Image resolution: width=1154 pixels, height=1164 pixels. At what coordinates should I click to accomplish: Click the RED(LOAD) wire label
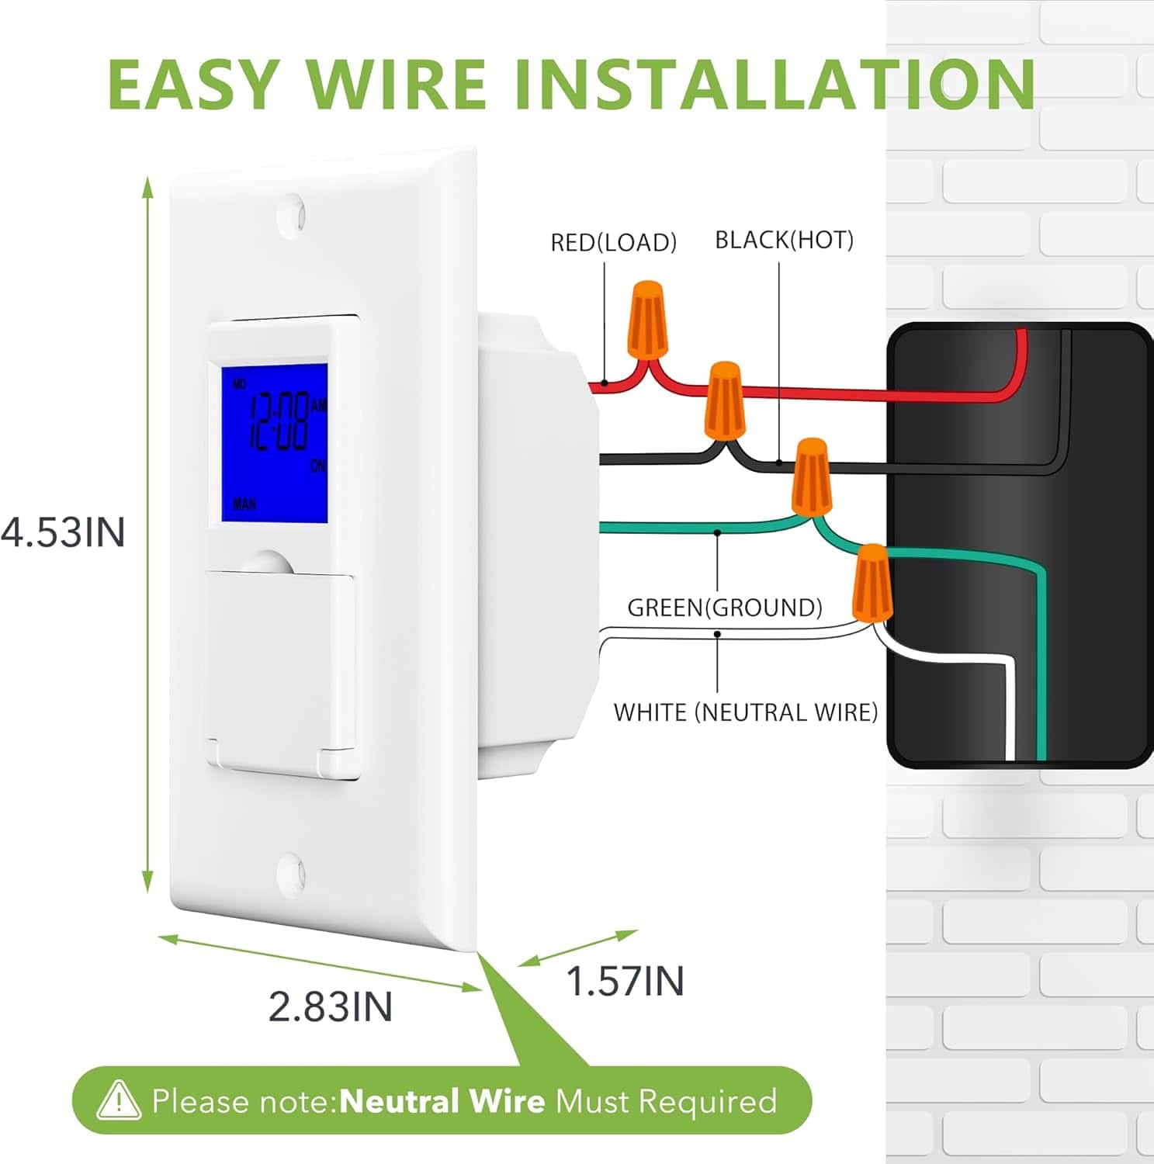pos(613,243)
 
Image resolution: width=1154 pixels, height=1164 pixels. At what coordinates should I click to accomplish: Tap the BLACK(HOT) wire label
pos(784,241)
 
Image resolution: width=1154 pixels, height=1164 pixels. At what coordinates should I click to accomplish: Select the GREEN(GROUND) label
pos(725,608)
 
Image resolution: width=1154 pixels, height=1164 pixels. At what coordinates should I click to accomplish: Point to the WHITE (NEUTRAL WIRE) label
pos(746,712)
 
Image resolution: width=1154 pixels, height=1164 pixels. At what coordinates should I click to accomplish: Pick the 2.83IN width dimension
pos(331,1007)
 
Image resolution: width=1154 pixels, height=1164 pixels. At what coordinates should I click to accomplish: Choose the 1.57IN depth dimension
pos(626,982)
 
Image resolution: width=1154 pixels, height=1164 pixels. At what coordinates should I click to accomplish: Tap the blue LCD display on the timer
pos(274,444)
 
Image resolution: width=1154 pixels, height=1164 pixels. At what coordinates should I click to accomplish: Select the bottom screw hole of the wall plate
pos(291,875)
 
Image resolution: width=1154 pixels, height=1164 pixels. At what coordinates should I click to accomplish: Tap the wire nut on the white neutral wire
pos(872,584)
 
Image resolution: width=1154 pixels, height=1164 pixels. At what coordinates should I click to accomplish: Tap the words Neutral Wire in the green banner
pos(442,1101)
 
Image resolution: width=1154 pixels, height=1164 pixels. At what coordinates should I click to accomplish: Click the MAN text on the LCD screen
pos(244,504)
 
